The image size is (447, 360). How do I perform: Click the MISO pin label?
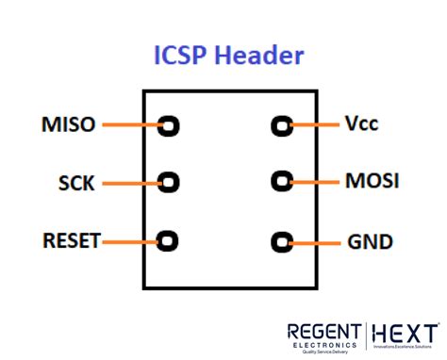[x=68, y=124]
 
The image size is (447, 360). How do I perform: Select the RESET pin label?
[x=71, y=241]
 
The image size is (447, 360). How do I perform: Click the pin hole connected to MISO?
[x=170, y=125]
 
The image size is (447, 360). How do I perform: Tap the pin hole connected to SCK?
[x=170, y=182]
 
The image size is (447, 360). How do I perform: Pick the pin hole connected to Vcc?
[x=281, y=125]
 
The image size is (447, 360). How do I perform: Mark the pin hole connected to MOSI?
[x=281, y=181]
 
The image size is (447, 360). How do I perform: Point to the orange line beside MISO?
[x=130, y=124]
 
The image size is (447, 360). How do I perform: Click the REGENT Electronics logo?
[x=323, y=336]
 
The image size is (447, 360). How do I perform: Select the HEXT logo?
[x=405, y=335]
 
